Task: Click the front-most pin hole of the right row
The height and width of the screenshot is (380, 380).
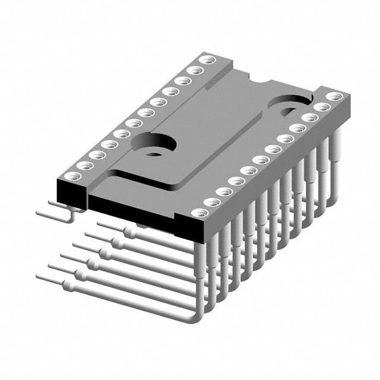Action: pos(210,203)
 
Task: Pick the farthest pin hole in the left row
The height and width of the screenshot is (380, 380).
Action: pos(207,59)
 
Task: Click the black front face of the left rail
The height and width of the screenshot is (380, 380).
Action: pos(70,192)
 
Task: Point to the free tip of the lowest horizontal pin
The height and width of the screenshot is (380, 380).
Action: pos(39,277)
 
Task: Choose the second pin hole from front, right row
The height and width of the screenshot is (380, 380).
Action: pos(223,191)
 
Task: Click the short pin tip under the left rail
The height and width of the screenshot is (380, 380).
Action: pos(39,210)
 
